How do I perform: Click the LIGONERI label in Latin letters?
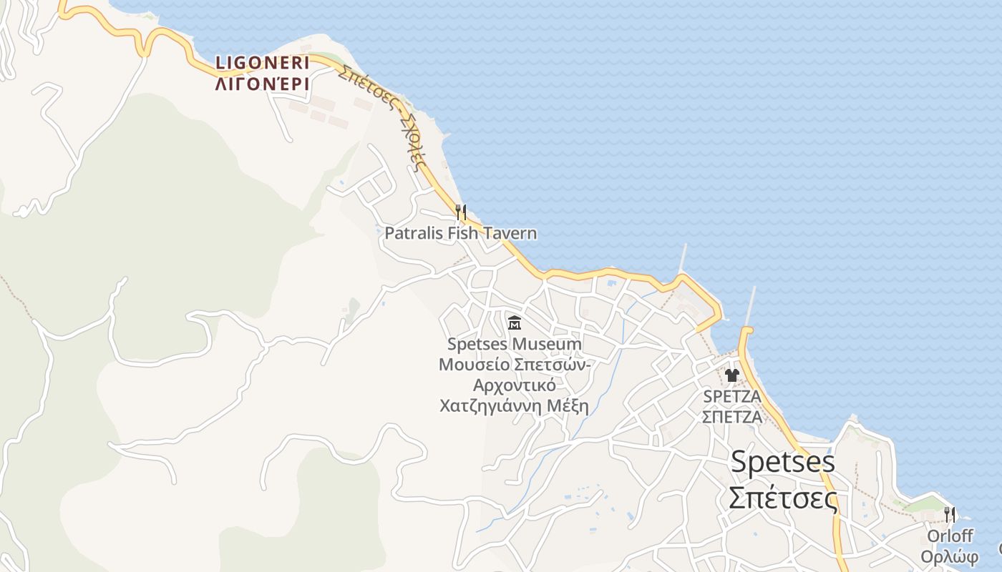(262, 64)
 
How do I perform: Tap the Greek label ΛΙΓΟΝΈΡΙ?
(262, 84)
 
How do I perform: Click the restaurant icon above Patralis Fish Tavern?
(461, 212)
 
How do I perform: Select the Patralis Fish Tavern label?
(460, 233)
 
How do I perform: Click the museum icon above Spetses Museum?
(514, 323)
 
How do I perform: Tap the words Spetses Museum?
(514, 344)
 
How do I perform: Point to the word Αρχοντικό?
(514, 385)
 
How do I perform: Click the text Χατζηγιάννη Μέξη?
(514, 406)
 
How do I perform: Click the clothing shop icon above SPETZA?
(731, 375)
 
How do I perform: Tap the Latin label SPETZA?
(731, 396)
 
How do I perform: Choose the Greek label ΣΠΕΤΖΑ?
(731, 417)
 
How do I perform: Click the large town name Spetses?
(782, 462)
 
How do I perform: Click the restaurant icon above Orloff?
(950, 514)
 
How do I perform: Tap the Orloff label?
(950, 536)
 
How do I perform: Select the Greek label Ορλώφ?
(949, 557)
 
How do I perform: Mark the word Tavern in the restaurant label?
(510, 233)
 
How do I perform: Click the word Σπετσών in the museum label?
(552, 365)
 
